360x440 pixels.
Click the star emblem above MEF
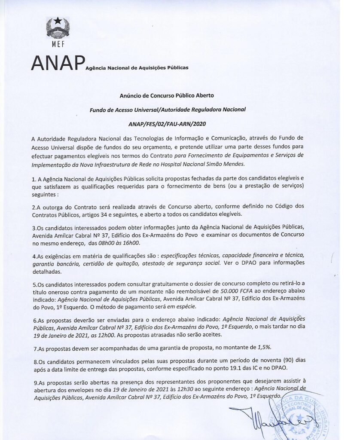[x=57, y=21]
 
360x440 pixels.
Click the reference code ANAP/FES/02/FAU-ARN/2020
[x=167, y=124]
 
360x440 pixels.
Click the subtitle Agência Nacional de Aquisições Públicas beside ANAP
[x=137, y=68]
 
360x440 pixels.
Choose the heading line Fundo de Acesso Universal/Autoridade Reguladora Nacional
[x=167, y=110]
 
